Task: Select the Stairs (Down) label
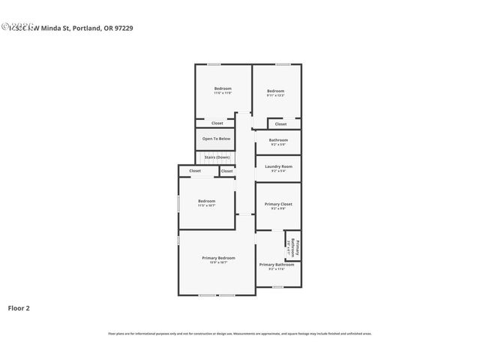(217, 157)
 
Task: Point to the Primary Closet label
(278, 203)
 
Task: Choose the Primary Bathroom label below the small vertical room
(277, 264)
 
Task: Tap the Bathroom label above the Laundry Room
(278, 140)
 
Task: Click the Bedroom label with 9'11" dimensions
(275, 89)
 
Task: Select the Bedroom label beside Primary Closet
(207, 200)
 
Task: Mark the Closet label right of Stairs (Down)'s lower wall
(226, 171)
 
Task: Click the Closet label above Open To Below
(217, 123)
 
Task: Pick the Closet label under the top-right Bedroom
(280, 124)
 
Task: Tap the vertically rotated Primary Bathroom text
(297, 247)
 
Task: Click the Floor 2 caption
(19, 307)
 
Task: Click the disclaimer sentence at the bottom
(240, 333)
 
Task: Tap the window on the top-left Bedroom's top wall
(214, 64)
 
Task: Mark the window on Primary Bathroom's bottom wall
(277, 286)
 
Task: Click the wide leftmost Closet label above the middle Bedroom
(195, 171)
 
